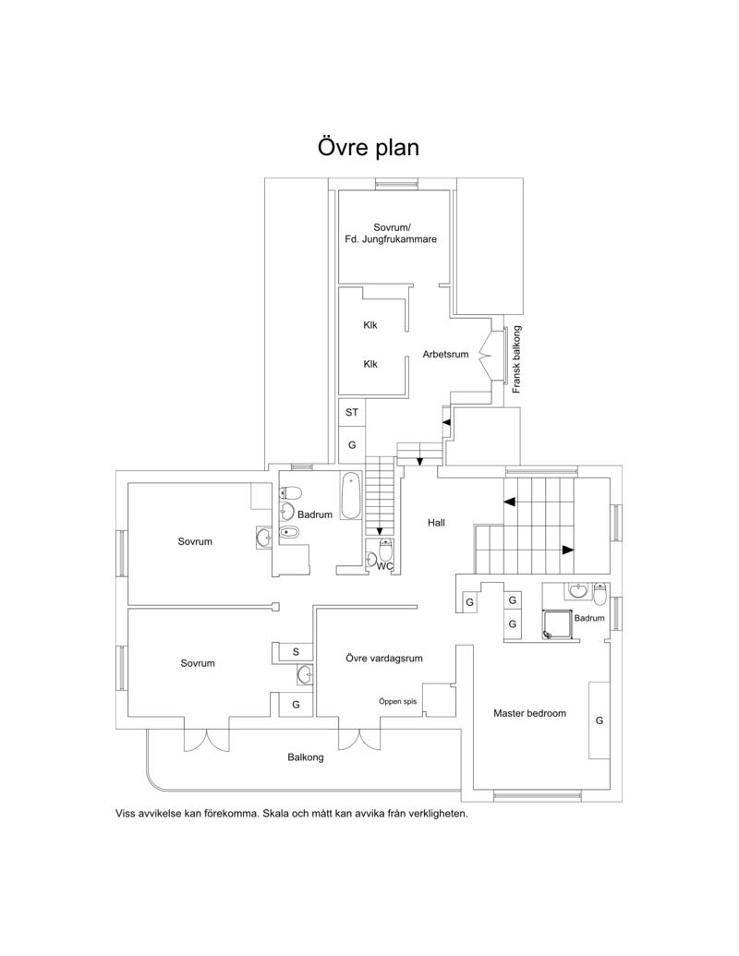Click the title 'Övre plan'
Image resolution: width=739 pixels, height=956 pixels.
(x=369, y=147)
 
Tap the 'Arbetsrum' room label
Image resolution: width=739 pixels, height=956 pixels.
(x=446, y=355)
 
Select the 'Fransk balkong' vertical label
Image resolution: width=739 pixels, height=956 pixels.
(x=516, y=359)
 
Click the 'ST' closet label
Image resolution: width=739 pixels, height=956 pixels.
(x=352, y=412)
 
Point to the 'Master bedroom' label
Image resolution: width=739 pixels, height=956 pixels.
(x=530, y=713)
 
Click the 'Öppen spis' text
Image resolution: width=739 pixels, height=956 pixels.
(x=397, y=701)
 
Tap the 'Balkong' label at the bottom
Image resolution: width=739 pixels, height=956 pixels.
(x=306, y=757)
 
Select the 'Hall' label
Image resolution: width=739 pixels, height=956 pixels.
(x=436, y=523)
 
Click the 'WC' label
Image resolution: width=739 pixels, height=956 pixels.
(x=385, y=566)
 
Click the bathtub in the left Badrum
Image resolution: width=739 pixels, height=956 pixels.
(x=351, y=496)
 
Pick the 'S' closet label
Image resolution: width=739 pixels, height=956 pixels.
(x=296, y=652)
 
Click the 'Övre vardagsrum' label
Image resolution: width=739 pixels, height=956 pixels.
(x=384, y=659)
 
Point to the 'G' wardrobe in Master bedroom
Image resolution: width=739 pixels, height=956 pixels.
(x=600, y=720)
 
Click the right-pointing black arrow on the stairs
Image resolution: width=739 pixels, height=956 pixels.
(x=568, y=550)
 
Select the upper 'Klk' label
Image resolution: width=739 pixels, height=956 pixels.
(x=370, y=325)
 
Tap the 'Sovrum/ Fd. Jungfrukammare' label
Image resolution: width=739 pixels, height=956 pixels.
(x=391, y=234)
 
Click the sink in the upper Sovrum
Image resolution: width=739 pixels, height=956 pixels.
(x=264, y=538)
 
